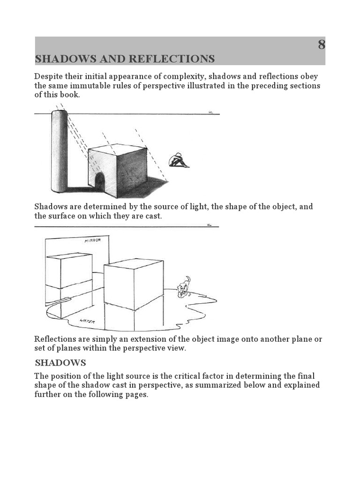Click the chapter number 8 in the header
tap(321, 45)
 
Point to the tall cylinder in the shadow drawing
tap(60, 152)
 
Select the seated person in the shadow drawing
tap(178, 160)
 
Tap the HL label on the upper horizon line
tap(210, 112)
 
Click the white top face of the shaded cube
tap(117, 149)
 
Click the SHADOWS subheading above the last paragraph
tap(60, 363)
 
